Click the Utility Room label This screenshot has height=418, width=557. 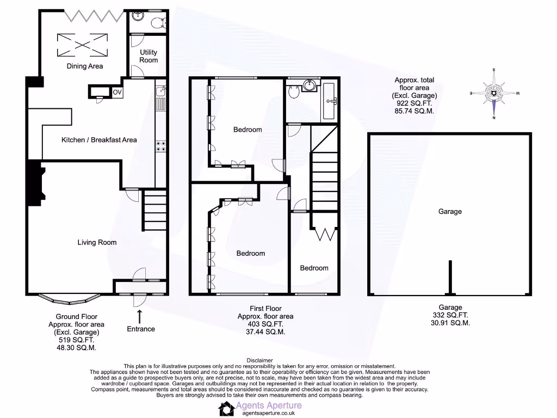coord(148,56)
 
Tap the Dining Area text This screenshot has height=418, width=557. coord(85,66)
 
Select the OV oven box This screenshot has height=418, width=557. coord(117,92)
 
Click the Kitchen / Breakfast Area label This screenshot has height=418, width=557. coord(99,140)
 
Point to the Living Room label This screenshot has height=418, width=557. coord(97,242)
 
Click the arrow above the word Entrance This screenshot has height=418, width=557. coord(140,316)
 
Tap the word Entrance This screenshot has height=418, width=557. coord(140,329)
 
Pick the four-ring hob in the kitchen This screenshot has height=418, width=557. coord(161,146)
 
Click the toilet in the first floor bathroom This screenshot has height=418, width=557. coord(294,93)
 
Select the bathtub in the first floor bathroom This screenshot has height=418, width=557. coord(330,101)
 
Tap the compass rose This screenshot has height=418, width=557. coord(493,94)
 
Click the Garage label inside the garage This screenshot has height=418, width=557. coord(450,211)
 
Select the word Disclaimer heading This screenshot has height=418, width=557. coord(259,360)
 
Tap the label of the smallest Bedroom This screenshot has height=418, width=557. coord(314,268)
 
